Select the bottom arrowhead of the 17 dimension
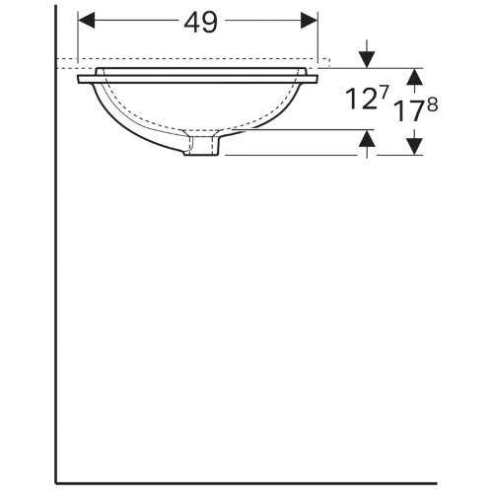pos(415,146)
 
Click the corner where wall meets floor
pos(56,482)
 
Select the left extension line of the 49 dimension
pos(77,39)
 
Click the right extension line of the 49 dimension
pos(318,39)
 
